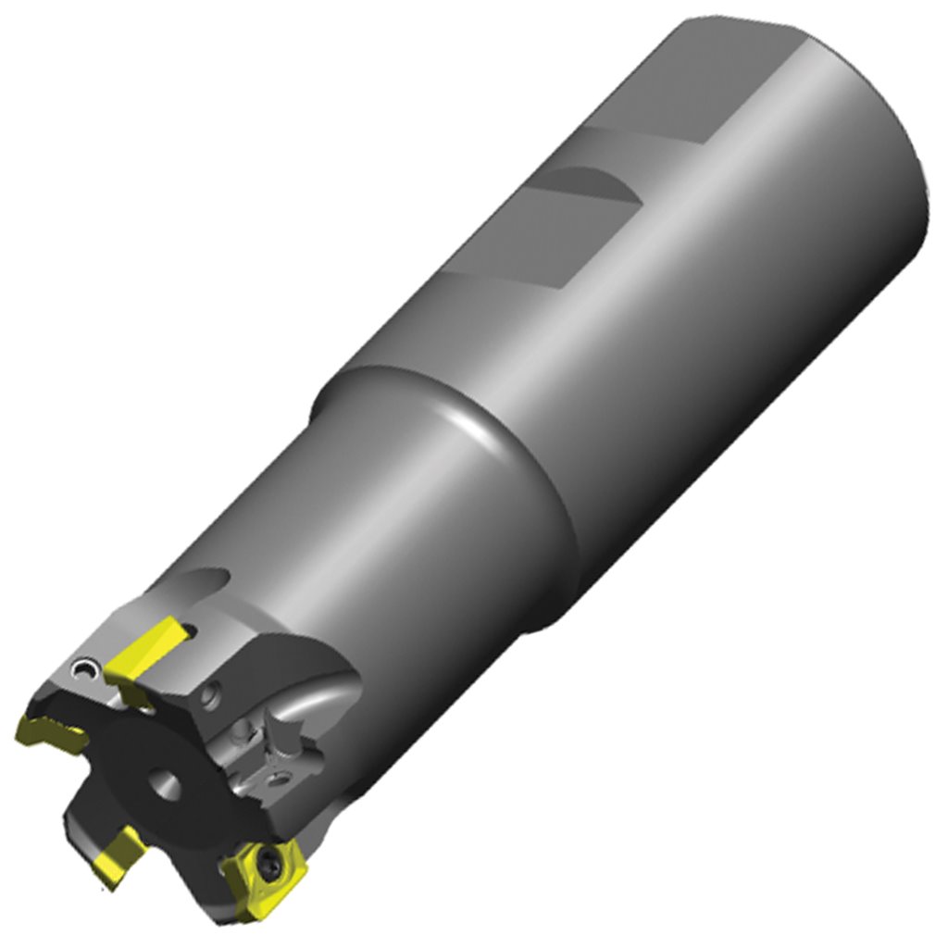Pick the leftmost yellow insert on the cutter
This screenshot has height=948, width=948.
[x=51, y=731]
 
